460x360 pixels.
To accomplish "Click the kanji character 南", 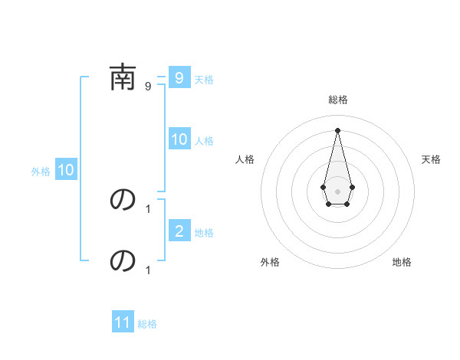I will coord(123,79).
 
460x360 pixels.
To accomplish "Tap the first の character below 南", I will coord(123,200).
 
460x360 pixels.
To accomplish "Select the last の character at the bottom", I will coord(123,261).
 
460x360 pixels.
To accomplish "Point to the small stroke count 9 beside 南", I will coord(148,87).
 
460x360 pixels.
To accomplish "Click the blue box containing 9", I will coord(179,78).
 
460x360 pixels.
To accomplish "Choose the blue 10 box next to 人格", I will coord(179,139).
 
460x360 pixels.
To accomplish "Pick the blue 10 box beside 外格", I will coord(65,171).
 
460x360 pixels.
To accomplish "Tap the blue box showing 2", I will coord(179,231).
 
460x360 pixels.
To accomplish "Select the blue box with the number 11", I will coord(122,322).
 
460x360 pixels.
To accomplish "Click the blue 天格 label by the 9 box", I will coord(204,80).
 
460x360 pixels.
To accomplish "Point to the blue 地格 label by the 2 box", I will coord(204,233).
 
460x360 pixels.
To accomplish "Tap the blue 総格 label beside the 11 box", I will coord(147,324).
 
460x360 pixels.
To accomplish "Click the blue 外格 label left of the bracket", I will coord(41,172).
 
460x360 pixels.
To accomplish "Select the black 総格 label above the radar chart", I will coord(337,100).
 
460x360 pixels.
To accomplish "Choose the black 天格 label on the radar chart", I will coord(431,159).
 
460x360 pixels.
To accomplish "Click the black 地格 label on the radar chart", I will coord(402,263).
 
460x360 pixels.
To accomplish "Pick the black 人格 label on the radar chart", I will coord(245,159).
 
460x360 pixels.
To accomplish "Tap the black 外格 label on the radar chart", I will coord(270,263).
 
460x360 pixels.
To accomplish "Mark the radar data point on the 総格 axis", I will coord(337,129).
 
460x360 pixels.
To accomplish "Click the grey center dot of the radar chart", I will coord(337,190).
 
